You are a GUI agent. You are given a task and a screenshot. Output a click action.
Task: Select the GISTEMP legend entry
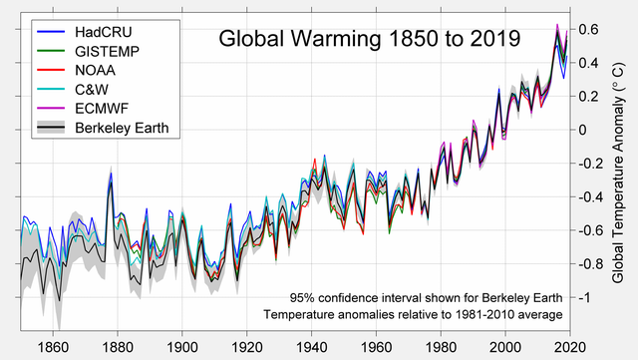coord(107,51)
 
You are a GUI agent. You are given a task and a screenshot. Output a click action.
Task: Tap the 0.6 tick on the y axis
coord(589,29)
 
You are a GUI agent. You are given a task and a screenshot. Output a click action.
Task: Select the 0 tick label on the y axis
coord(583,130)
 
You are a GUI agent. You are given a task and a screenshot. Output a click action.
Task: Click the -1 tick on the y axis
coord(586,298)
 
